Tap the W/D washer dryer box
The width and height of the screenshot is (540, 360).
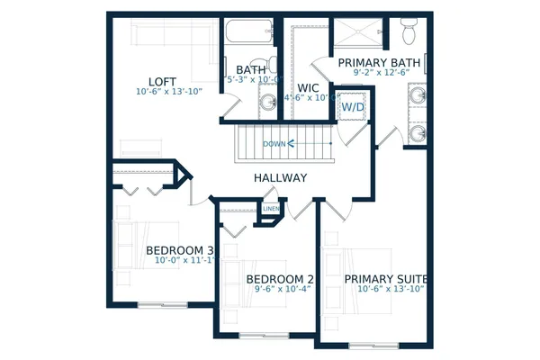coord(352,106)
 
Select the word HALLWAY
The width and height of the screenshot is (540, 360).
coord(280,178)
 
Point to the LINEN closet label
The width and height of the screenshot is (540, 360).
coord(271,210)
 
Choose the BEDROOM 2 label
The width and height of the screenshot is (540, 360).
coord(280,279)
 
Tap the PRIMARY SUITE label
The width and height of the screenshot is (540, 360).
coord(385,279)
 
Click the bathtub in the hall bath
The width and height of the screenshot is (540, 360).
coord(246,34)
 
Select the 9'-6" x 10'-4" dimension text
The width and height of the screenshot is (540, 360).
coord(280,290)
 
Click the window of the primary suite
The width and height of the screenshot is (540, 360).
coord(373,346)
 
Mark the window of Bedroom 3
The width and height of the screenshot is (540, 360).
coord(162,304)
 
